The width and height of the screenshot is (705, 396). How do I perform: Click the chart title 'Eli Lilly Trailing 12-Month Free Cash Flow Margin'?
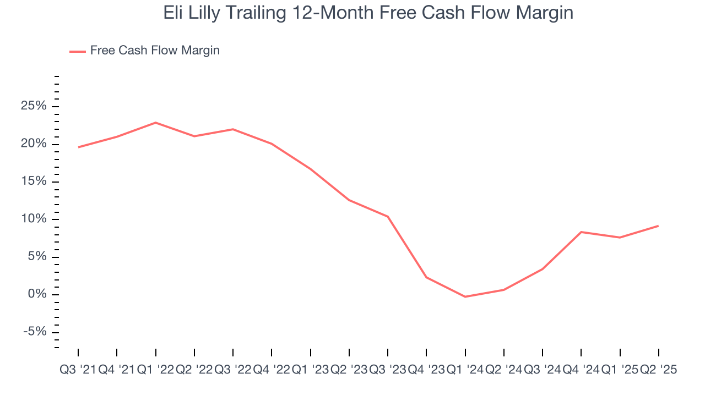(368, 13)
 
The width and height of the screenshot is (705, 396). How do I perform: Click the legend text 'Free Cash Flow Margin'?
(155, 51)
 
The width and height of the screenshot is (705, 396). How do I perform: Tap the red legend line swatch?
(77, 51)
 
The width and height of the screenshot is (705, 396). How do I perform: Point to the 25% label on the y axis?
(34, 107)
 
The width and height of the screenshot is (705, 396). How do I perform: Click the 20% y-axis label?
(34, 144)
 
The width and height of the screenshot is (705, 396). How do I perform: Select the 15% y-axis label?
(34, 182)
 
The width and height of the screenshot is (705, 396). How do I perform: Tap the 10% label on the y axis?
(34, 219)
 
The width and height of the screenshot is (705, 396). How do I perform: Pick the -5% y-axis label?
(34, 332)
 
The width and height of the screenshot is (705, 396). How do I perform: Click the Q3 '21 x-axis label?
(78, 370)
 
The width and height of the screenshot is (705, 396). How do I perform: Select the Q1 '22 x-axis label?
(155, 370)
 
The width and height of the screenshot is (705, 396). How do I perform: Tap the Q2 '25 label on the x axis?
(658, 370)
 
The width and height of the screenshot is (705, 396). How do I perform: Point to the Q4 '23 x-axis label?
(426, 370)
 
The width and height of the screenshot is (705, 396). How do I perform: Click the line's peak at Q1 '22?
(156, 123)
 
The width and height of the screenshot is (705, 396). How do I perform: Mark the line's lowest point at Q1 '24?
(465, 297)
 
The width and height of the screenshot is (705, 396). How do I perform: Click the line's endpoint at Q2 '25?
(658, 226)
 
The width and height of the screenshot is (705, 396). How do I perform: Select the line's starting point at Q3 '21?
(78, 147)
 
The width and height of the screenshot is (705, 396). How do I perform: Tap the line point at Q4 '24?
(581, 232)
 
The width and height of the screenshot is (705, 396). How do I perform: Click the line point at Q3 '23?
(388, 217)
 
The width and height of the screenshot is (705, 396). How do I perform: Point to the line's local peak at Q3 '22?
(233, 129)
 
